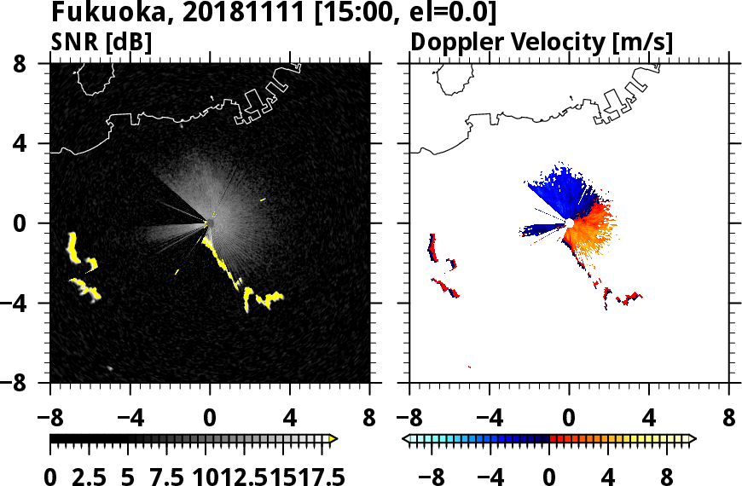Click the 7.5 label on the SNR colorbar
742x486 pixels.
coord(167,477)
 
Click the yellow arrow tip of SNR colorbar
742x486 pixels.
coord(333,439)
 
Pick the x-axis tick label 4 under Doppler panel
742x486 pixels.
coord(650,419)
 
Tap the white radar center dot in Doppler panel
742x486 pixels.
coord(569,223)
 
